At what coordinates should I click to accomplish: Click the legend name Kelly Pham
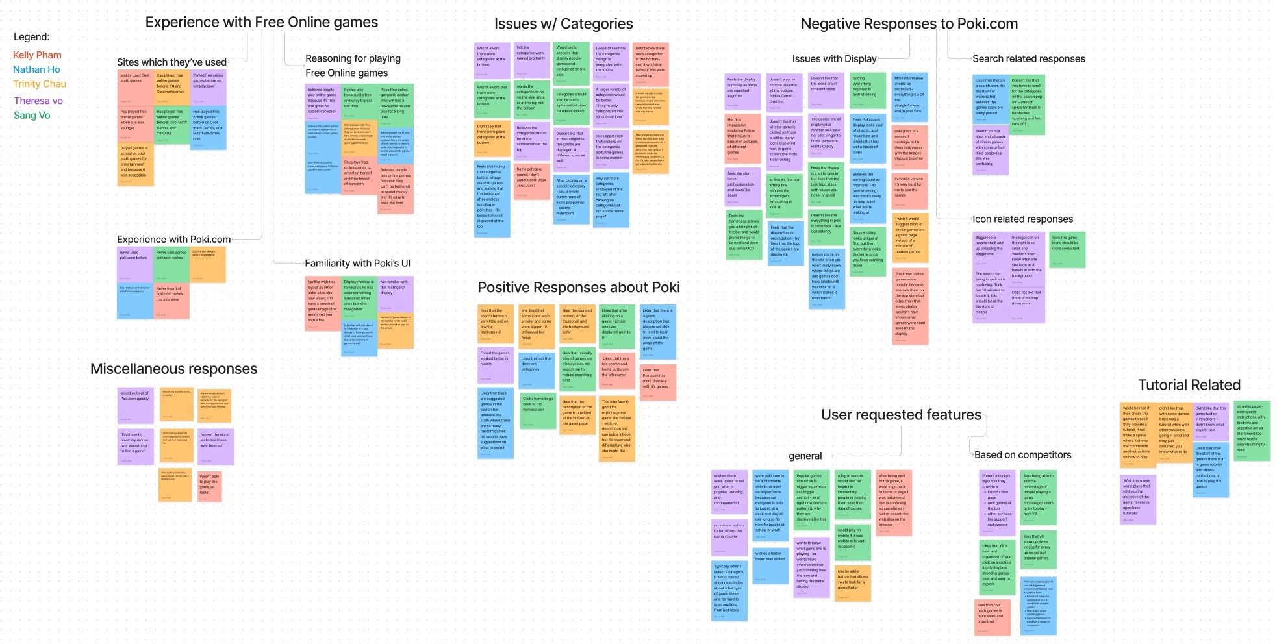[x=37, y=55]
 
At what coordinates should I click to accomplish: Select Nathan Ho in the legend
[x=36, y=69]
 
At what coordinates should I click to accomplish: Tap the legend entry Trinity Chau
[x=40, y=84]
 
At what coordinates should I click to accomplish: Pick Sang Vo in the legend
[x=32, y=116]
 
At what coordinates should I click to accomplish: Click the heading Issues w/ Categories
[x=563, y=24]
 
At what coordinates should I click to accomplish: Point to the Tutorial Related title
[x=1189, y=385]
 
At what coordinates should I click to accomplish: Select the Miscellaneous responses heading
[x=173, y=369]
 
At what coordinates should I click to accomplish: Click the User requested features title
[x=900, y=415]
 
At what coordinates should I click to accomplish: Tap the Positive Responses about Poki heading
[x=578, y=288]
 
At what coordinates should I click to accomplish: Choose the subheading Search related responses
[x=1028, y=58]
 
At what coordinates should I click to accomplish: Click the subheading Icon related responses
[x=1022, y=219]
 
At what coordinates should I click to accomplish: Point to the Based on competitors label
[x=1022, y=455]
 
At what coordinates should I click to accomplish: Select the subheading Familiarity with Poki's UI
[x=357, y=264]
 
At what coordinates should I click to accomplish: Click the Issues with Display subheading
[x=834, y=59]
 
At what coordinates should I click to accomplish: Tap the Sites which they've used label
[x=171, y=62]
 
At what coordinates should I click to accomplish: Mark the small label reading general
[x=805, y=456]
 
